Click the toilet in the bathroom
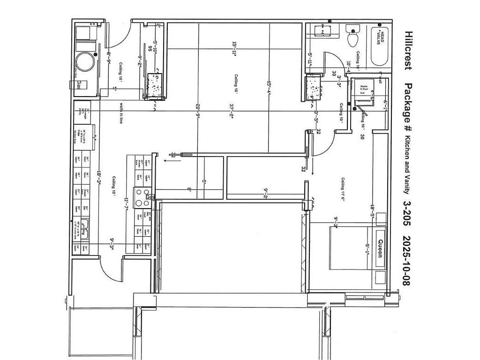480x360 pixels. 352,36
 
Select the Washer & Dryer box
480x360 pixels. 363,89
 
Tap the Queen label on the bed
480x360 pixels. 380,248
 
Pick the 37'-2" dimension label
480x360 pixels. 232,111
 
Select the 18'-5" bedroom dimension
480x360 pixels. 372,210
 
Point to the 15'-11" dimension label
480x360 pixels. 234,49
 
